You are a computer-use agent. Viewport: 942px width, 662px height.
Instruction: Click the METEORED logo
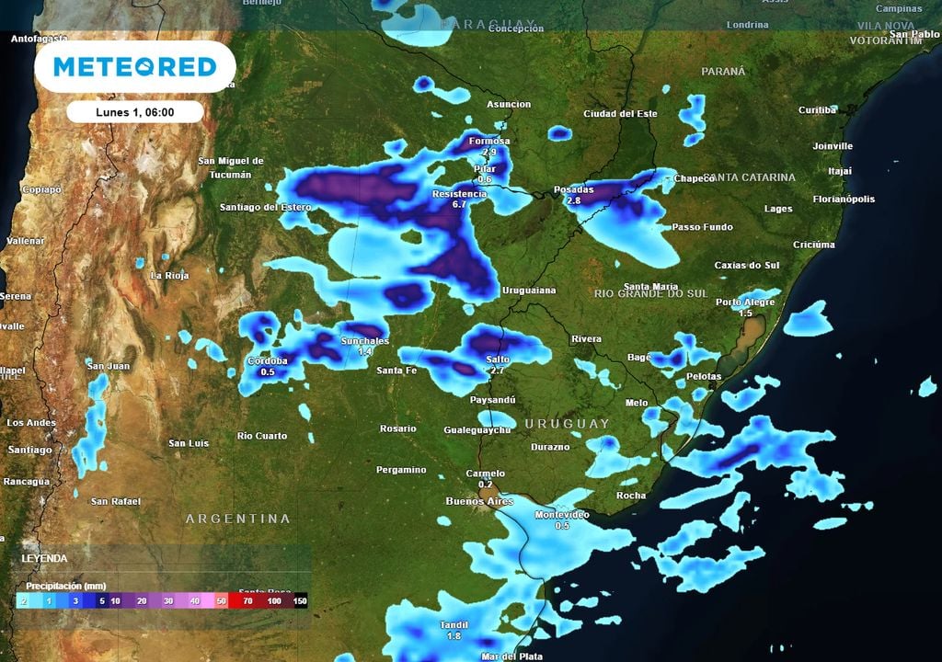(x=134, y=66)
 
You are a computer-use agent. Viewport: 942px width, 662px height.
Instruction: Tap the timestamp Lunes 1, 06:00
(x=134, y=112)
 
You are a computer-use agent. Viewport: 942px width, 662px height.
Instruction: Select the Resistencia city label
(x=459, y=195)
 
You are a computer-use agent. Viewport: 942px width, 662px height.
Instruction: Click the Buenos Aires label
(x=478, y=501)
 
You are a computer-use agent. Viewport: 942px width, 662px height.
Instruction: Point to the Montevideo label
(x=562, y=515)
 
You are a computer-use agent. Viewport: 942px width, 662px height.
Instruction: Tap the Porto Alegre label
(x=746, y=302)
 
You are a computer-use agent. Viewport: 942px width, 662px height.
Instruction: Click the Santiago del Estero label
(x=265, y=207)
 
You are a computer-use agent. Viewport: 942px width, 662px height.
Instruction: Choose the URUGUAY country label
(x=567, y=423)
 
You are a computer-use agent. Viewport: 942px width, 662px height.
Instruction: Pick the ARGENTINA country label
(x=238, y=519)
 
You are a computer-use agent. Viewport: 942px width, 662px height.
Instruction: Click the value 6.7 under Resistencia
(x=461, y=205)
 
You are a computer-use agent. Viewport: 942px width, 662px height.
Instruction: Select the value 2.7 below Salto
(x=497, y=370)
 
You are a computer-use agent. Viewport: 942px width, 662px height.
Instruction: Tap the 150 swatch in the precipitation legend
(x=300, y=600)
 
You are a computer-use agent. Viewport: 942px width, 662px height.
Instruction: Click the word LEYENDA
(x=44, y=558)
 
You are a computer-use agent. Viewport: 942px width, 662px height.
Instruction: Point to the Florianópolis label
(x=844, y=199)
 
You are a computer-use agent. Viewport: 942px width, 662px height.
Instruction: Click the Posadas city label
(x=573, y=189)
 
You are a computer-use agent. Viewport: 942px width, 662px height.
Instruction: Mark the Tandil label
(x=454, y=625)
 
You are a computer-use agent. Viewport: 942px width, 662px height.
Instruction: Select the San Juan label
(x=108, y=366)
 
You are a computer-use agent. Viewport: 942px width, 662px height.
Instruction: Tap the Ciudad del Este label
(x=621, y=114)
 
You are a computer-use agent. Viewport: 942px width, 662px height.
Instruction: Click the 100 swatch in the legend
(x=274, y=600)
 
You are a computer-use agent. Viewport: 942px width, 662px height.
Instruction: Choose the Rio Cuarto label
(x=262, y=436)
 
